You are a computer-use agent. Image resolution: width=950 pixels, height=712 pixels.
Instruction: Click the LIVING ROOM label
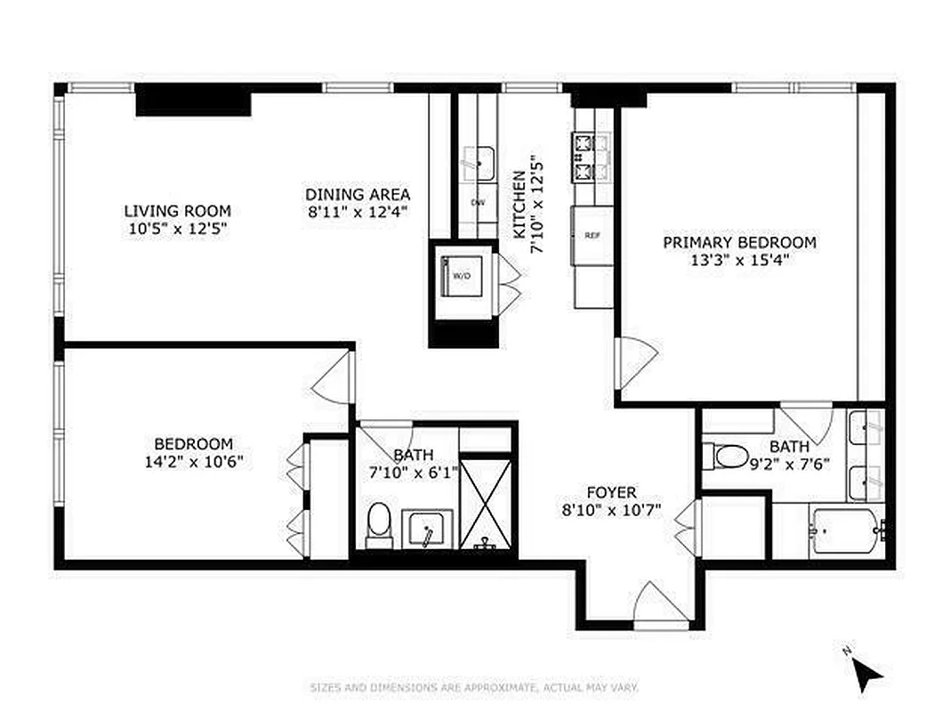[x=177, y=211]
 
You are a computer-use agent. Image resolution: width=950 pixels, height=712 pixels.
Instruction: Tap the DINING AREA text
[x=358, y=194]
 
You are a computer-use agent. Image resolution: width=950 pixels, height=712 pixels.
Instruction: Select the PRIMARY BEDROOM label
[x=739, y=242]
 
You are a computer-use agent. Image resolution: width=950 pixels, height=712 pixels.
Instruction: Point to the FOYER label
[x=611, y=492]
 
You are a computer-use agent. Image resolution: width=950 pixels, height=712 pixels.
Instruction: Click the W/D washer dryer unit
[x=463, y=276]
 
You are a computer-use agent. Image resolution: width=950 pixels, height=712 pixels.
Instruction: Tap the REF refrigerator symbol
[x=592, y=236]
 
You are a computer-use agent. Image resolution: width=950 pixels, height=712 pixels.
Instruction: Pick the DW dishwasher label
[x=478, y=203]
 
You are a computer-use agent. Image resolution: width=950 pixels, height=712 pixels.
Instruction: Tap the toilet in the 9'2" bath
[x=727, y=457]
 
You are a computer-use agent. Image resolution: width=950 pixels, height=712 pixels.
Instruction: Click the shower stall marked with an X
[x=486, y=502]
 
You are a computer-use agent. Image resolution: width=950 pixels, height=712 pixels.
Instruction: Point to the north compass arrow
[x=867, y=674]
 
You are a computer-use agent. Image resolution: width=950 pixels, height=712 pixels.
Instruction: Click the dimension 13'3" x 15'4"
[x=739, y=260]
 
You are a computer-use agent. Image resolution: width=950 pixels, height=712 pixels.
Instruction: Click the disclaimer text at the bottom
[x=474, y=688]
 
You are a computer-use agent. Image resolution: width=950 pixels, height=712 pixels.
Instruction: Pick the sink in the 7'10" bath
[x=429, y=530]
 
